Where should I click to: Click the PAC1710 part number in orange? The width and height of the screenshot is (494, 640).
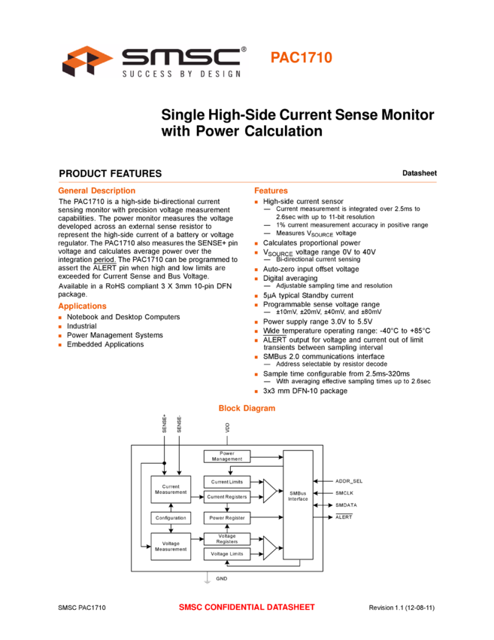301,58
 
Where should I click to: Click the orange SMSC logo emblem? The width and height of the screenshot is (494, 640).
86,61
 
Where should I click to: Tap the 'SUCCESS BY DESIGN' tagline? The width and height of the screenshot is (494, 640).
181,74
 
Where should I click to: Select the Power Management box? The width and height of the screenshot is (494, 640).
226,456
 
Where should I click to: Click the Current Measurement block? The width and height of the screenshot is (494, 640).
171,489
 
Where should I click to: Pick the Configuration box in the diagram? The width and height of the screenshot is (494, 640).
171,518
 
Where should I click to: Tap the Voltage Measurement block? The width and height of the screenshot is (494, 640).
171,546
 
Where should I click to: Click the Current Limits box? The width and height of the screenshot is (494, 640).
226,482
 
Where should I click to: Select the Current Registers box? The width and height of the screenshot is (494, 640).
226,497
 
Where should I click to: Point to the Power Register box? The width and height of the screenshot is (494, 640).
226,518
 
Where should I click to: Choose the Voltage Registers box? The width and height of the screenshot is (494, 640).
226,539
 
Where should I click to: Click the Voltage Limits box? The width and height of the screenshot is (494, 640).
226,554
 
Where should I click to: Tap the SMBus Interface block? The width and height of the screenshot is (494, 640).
298,496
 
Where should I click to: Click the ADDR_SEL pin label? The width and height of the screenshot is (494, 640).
349,480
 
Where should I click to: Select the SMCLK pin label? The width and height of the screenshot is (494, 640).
344,493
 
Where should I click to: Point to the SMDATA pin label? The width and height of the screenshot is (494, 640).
346,505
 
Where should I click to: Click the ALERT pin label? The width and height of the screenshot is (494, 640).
344,517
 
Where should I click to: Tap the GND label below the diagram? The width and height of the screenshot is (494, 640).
222,579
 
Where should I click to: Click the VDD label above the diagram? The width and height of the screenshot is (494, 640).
227,427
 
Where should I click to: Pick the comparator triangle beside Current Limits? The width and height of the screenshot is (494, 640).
269,490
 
